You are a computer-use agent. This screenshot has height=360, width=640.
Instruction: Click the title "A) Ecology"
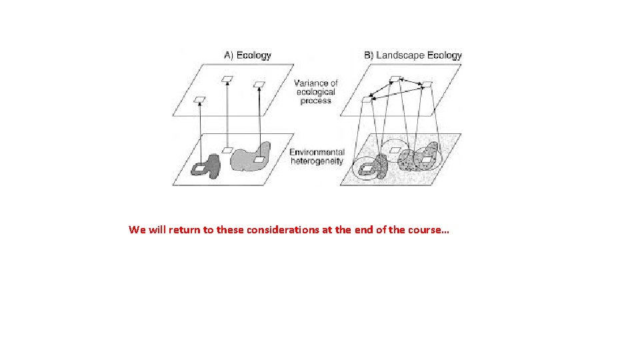(x=247, y=55)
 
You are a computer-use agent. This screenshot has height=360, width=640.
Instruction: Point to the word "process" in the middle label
(x=315, y=101)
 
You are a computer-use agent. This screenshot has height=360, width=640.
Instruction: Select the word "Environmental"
(x=317, y=152)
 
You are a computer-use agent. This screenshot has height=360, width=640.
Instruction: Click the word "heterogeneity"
(x=317, y=161)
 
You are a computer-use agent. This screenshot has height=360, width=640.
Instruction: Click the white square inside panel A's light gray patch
(x=259, y=159)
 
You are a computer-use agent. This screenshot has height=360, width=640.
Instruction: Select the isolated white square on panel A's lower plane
(x=227, y=150)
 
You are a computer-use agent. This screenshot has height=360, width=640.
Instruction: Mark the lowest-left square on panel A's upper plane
(x=199, y=99)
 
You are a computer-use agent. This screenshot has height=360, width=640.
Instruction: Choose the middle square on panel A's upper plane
(x=227, y=79)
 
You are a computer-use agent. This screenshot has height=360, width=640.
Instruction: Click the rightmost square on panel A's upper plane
(x=259, y=85)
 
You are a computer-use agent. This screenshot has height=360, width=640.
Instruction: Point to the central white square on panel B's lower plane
(x=395, y=151)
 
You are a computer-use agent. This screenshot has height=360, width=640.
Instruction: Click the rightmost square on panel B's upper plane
(x=427, y=85)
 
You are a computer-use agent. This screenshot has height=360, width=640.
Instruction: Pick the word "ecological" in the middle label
(x=315, y=92)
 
